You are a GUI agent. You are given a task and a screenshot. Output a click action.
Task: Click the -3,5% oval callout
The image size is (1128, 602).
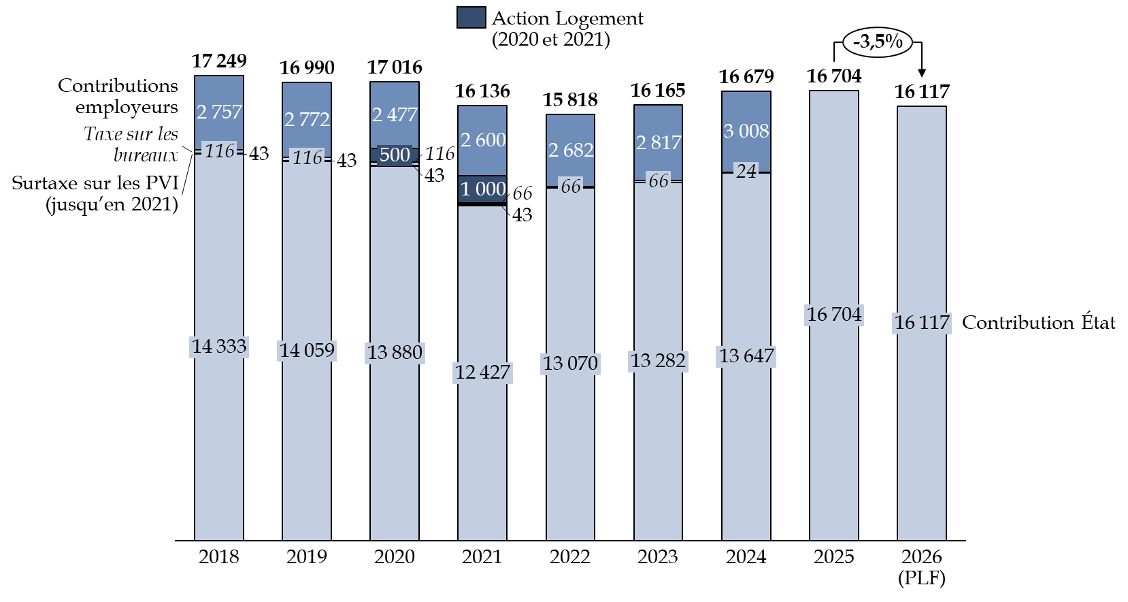pos(877,42)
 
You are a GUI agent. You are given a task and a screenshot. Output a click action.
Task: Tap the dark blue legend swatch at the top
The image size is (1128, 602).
pos(471,18)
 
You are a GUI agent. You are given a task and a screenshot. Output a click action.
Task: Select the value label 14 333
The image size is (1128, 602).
pos(219,347)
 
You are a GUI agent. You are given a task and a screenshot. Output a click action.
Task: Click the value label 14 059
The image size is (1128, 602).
pos(307,350)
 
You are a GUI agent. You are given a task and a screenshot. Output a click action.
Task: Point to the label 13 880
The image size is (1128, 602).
pos(395,353)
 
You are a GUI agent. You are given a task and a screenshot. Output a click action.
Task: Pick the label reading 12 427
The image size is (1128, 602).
pos(482,373)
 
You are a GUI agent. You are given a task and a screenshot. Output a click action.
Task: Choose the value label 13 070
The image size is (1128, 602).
pos(570,364)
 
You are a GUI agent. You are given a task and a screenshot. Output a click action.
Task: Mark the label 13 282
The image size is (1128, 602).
pos(658,360)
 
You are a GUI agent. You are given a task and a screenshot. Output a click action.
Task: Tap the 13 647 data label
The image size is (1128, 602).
pos(746,356)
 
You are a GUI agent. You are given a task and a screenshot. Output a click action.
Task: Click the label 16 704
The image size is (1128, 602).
pos(834,315)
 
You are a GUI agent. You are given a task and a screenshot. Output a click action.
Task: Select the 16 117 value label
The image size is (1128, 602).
pos(922,323)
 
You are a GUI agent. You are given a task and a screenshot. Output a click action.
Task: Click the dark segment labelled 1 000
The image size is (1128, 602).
pos(482,189)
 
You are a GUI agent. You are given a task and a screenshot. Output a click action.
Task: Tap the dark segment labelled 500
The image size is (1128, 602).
pos(395,155)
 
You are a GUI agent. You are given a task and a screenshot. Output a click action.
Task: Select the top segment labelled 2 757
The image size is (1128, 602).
pos(219,112)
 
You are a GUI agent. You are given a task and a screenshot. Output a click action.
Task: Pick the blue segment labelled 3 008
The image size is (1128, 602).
pos(746,131)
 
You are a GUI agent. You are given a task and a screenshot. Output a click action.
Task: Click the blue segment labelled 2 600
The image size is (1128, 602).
pos(482,140)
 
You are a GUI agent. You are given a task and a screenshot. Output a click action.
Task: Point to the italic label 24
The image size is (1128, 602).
pos(746,171)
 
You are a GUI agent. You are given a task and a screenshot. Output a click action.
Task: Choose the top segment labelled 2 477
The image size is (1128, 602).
pos(395,114)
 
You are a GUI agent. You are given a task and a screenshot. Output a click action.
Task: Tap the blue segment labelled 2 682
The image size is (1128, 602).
pos(570,150)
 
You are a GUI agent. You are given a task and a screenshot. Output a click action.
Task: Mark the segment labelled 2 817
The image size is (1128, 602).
pos(658,142)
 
